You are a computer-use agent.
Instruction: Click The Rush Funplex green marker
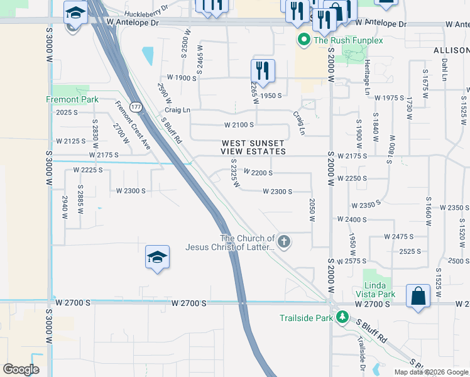[x=304, y=41]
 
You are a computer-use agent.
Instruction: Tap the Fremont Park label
[x=72, y=99]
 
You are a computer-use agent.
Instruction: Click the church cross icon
[x=284, y=241]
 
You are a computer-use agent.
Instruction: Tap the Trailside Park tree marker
[x=342, y=317]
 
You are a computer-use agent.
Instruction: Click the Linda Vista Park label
[x=380, y=290]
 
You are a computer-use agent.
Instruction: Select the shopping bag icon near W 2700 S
[x=418, y=295]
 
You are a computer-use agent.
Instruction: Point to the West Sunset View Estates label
[x=253, y=148]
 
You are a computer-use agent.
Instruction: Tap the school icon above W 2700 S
[x=157, y=256]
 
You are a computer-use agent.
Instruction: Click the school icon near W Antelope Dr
[x=75, y=13]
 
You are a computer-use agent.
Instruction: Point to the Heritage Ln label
[x=368, y=79]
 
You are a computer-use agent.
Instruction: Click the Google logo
[x=21, y=369]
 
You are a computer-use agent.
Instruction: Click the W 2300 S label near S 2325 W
[x=277, y=191]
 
